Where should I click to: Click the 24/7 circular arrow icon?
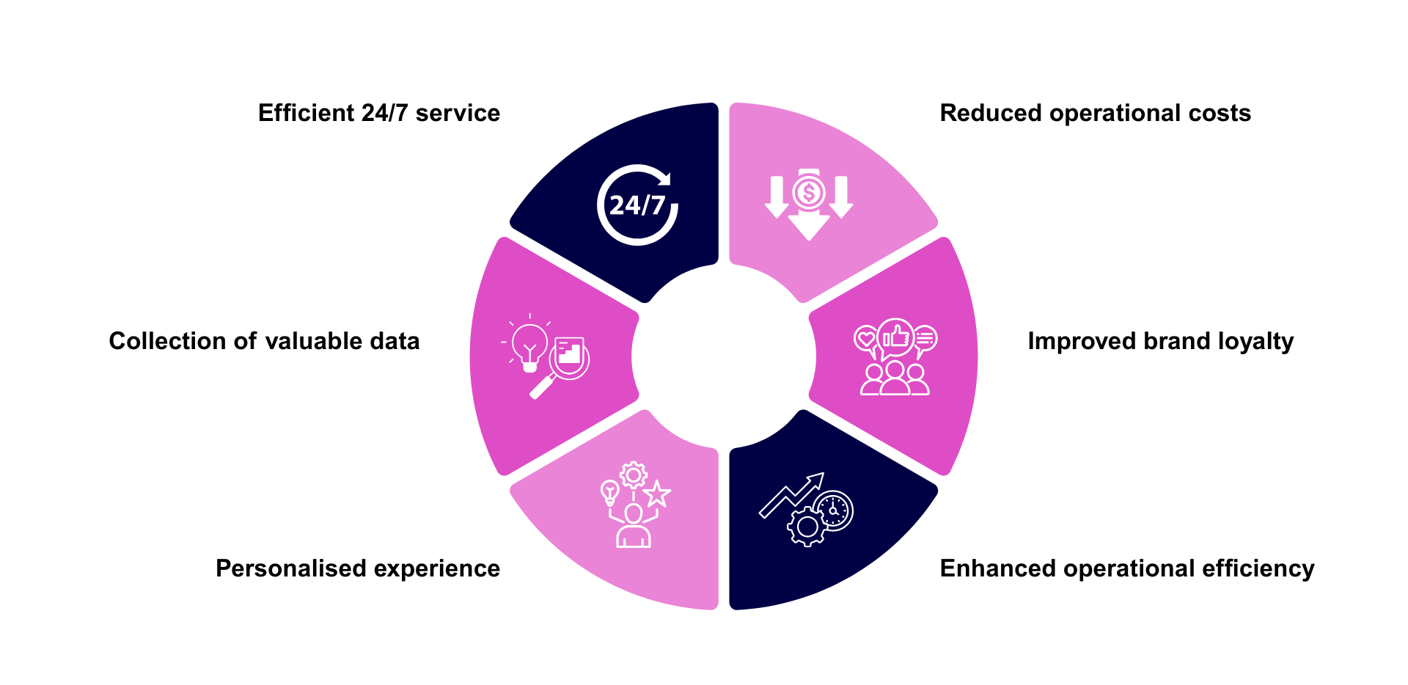coord(637,205)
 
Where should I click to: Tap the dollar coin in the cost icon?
coord(809,193)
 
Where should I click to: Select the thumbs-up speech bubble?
coord(896,338)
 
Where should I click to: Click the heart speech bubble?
coord(866,339)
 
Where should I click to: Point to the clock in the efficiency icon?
coord(834,510)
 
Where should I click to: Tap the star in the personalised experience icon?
coord(657,494)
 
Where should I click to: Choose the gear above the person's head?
coord(633,475)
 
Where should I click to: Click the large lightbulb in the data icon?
coord(529,342)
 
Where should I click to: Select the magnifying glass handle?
coord(542,387)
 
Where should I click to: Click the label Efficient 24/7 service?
coord(378,113)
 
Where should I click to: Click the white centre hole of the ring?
coord(724,356)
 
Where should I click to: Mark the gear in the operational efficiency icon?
coord(807,526)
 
